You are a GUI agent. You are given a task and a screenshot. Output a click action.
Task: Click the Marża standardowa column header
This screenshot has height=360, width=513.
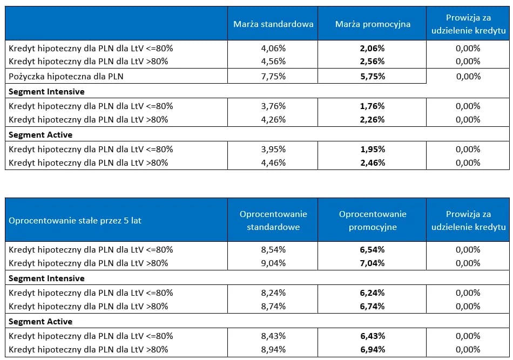pos(273,24)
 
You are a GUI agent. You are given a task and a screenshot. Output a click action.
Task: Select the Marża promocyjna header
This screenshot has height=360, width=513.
pos(373,24)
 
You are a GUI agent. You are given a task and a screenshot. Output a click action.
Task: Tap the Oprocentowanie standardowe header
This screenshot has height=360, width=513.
pos(273,220)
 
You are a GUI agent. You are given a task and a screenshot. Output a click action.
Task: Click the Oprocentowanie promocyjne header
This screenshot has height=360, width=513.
pos(373,220)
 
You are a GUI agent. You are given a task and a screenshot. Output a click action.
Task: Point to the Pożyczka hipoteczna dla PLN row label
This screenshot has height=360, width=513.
pos(66,76)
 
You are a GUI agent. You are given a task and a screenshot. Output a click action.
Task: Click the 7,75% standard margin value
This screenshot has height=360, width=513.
pos(273,76)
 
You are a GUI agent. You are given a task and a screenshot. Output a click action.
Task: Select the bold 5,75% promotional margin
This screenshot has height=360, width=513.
pos(373,76)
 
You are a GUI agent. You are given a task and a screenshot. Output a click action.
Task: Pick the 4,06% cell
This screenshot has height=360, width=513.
pos(273,48)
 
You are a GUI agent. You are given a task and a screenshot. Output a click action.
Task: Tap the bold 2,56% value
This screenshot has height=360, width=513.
pos(373,61)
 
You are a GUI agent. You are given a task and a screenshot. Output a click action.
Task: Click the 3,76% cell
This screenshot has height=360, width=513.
pos(273,106)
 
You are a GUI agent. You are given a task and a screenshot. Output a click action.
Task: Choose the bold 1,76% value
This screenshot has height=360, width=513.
pos(373,106)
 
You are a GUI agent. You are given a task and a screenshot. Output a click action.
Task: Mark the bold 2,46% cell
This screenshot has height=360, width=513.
pos(373,162)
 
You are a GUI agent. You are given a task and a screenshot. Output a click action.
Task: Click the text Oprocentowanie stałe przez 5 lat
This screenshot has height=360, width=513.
pos(75,220)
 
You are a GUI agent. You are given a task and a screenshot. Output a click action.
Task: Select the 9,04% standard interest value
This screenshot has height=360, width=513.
pos(273,263)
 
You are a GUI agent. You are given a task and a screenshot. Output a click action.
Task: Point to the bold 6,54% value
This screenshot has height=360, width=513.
pos(373,249)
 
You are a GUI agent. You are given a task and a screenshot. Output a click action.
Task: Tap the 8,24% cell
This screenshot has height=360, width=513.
pos(273,293)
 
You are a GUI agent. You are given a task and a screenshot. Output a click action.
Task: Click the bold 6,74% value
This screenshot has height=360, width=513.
pos(373,306)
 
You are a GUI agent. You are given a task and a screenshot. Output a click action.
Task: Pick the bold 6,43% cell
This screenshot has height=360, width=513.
pos(373,336)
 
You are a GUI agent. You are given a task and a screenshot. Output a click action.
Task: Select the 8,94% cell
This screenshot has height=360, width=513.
pos(273,349)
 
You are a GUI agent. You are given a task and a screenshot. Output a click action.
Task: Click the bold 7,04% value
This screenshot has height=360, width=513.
pos(373,263)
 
